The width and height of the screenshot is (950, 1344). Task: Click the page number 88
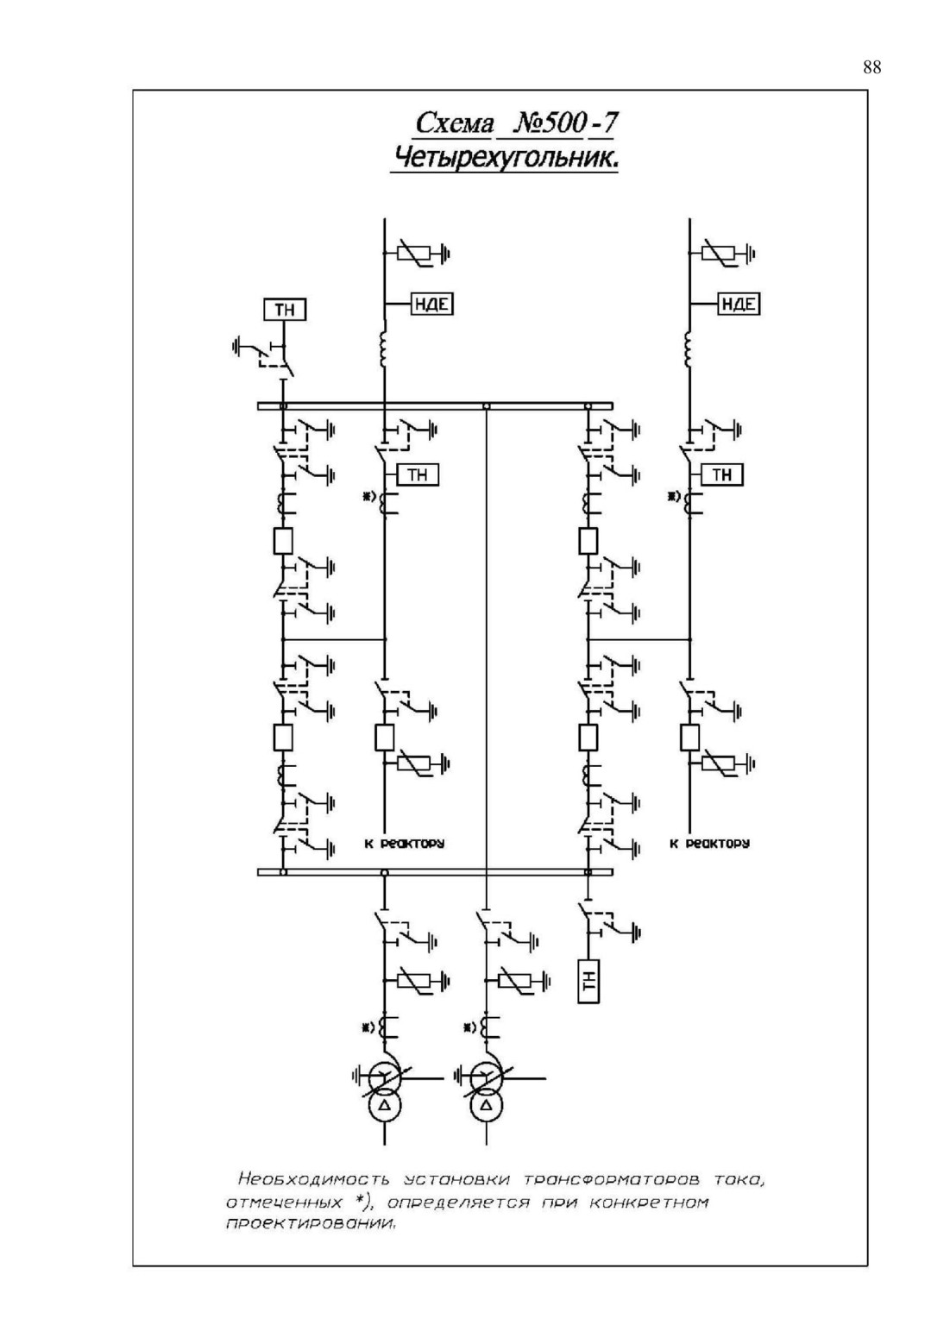click(x=872, y=67)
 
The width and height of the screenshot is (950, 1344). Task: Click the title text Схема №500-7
click(x=516, y=123)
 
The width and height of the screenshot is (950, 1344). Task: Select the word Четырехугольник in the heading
click(x=504, y=159)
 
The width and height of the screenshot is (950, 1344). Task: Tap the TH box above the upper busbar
click(x=285, y=310)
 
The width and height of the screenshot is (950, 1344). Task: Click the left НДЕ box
click(x=432, y=305)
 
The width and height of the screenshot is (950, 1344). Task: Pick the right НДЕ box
click(x=739, y=305)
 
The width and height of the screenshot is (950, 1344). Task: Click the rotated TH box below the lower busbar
click(x=588, y=981)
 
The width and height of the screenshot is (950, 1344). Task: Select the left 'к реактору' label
click(x=404, y=843)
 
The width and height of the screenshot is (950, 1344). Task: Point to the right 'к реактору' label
click(x=709, y=843)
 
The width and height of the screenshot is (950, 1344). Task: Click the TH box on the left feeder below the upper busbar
click(x=418, y=474)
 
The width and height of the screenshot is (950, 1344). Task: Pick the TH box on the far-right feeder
click(x=722, y=474)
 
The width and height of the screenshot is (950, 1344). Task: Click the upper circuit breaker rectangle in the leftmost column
click(x=283, y=541)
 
